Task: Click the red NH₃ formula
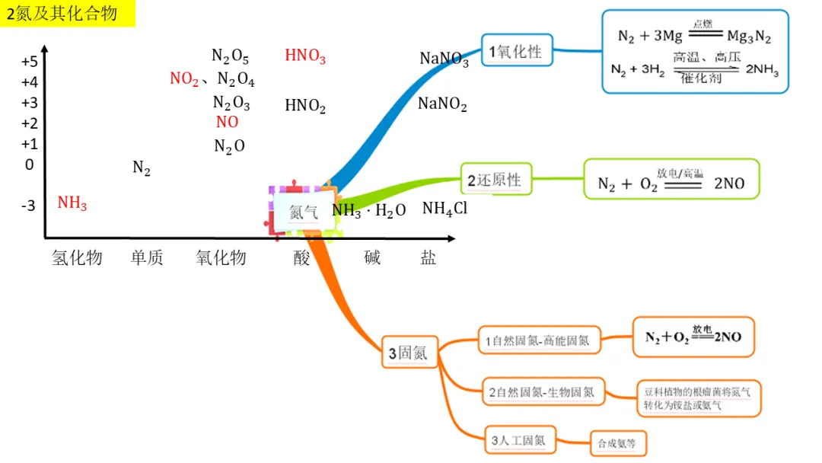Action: coord(72,203)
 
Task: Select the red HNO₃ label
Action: coord(305,56)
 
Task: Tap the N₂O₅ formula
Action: coord(230,56)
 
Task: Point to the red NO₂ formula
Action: coord(184,79)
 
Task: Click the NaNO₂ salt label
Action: coord(442,104)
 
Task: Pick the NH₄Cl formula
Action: coord(444,209)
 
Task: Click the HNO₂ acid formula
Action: coord(305,106)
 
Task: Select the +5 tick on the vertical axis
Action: coord(30,62)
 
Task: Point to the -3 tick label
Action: coord(28,205)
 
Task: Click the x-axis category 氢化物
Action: coord(77,258)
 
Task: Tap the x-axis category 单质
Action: coord(147,258)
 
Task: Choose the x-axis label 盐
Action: coord(429,257)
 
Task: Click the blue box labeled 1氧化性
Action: coord(517,51)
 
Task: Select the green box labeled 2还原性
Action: coord(495,180)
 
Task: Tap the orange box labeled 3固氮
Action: coord(409,353)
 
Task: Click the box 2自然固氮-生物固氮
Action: coord(542,393)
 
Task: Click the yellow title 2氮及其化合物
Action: coord(67,13)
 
